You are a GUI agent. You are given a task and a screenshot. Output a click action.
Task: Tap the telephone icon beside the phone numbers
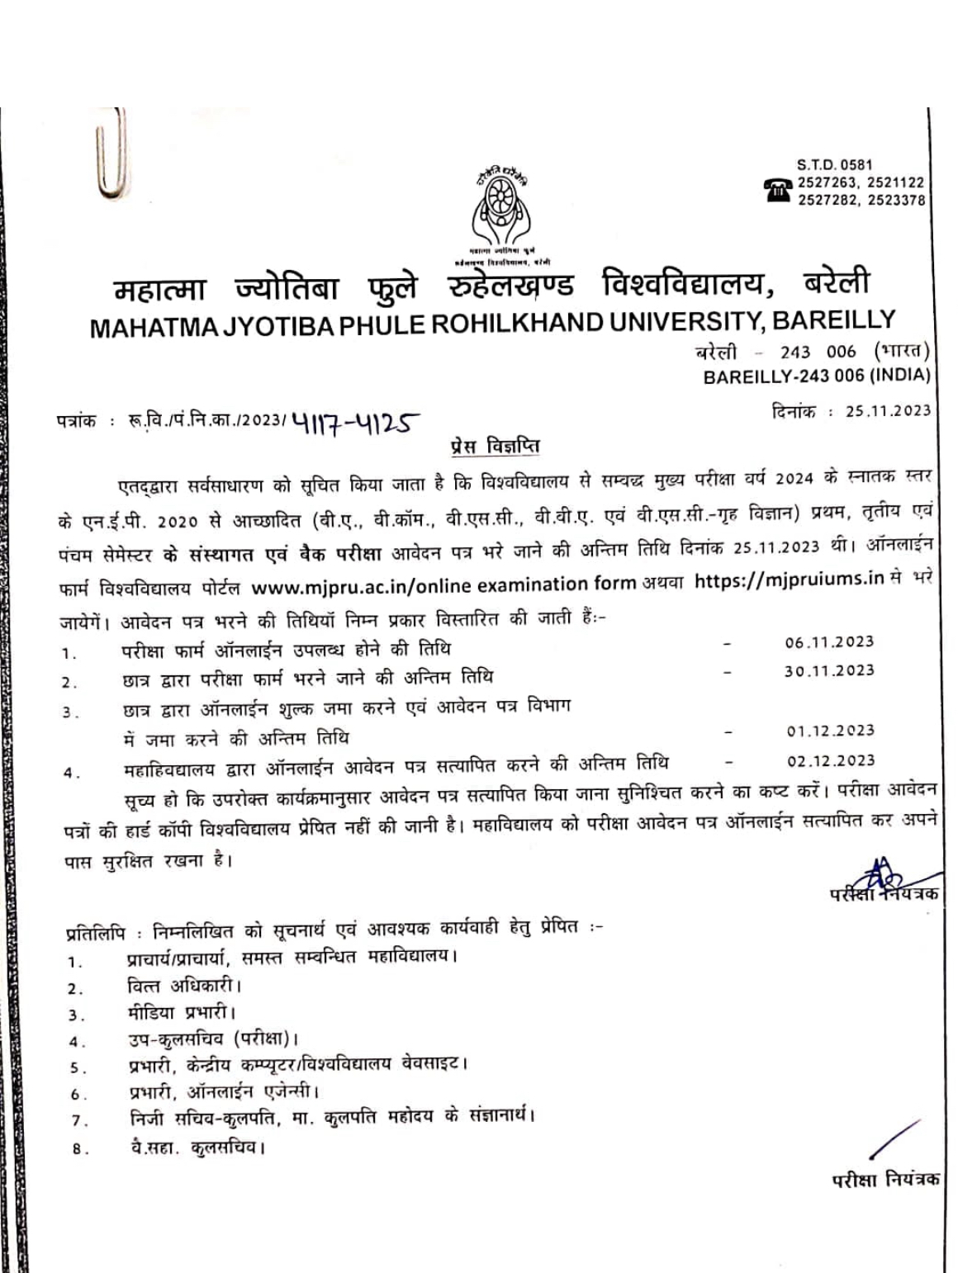(x=778, y=190)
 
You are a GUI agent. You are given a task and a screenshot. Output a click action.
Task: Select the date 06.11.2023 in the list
(x=828, y=642)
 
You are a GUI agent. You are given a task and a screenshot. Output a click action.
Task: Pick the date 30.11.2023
(x=828, y=670)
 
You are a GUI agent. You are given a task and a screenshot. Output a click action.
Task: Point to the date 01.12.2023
(x=830, y=731)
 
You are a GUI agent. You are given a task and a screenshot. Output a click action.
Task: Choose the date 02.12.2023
(x=830, y=760)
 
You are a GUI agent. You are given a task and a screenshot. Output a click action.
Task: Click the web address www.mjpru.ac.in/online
(x=363, y=585)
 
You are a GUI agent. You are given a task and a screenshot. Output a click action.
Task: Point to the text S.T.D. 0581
(x=834, y=164)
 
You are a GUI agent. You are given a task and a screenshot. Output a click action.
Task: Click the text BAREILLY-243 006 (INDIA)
(x=817, y=376)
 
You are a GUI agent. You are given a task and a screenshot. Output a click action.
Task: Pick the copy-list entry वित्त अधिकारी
(x=183, y=986)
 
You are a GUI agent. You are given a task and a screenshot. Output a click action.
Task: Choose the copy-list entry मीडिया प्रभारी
(x=182, y=1012)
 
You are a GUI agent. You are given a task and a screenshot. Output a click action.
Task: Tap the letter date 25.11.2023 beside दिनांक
(x=888, y=411)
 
